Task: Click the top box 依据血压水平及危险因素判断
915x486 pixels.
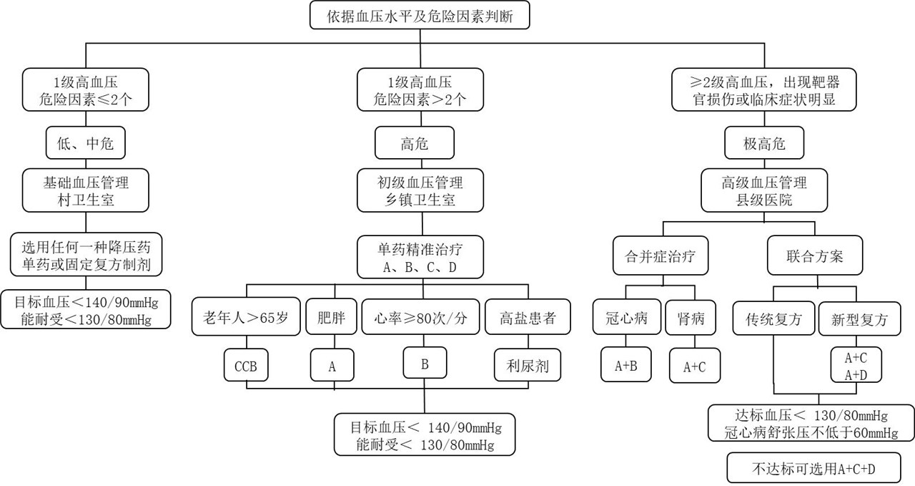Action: click(x=420, y=15)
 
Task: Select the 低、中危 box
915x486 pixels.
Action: click(x=85, y=142)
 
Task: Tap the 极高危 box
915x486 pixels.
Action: click(x=764, y=142)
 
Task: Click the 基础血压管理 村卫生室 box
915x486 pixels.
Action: click(x=85, y=190)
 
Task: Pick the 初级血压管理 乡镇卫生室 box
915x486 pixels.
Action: click(x=420, y=190)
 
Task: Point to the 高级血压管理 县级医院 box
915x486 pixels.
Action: click(x=764, y=190)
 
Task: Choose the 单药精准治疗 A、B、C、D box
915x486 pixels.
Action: click(x=420, y=257)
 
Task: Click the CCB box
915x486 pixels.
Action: click(x=246, y=365)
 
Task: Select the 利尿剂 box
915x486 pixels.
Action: click(x=528, y=365)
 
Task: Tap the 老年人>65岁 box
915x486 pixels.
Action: click(x=246, y=316)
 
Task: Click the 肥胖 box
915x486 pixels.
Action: click(x=331, y=316)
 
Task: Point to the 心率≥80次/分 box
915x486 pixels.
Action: click(x=420, y=316)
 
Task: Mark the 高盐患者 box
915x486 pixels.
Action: click(x=528, y=316)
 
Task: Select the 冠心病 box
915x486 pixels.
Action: click(x=627, y=317)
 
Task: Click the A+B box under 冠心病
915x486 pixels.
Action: click(x=625, y=365)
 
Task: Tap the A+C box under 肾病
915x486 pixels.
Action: click(x=694, y=365)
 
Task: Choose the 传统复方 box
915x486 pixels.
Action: click(x=773, y=319)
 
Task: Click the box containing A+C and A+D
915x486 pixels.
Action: click(x=856, y=365)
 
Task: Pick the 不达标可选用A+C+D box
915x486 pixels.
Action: click(x=813, y=467)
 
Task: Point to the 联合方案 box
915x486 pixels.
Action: click(x=814, y=256)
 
